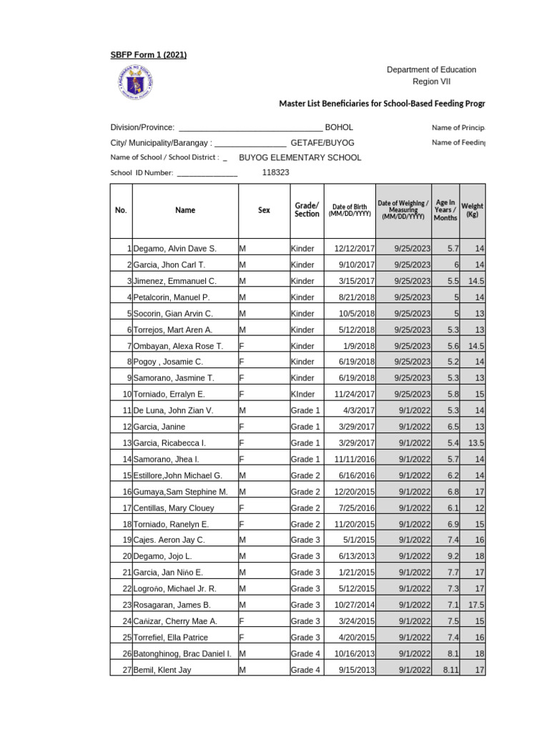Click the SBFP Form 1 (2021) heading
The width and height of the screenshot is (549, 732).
tap(149, 56)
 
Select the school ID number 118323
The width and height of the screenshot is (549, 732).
tap(276, 172)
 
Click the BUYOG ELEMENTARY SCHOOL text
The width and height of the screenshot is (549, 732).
tap(300, 157)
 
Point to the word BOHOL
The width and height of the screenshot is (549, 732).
tap(339, 127)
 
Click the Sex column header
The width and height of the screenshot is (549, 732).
tap(264, 211)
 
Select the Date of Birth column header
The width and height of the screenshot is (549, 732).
tap(350, 211)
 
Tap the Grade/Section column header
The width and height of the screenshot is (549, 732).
tap(307, 209)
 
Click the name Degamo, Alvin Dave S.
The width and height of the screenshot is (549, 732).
tap(174, 249)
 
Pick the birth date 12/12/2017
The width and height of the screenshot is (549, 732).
tap(355, 249)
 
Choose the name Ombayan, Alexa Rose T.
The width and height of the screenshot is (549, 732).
tap(178, 346)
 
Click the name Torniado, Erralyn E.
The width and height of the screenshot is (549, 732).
tap(169, 394)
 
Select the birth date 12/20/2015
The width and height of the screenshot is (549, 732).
tap(355, 492)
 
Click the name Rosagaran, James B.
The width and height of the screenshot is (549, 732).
tap(172, 605)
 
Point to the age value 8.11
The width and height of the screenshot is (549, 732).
tap(450, 670)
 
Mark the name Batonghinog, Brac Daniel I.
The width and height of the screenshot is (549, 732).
tap(182, 653)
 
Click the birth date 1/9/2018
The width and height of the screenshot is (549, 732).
tap(360, 346)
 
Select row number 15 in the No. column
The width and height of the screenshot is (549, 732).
tap(127, 475)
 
